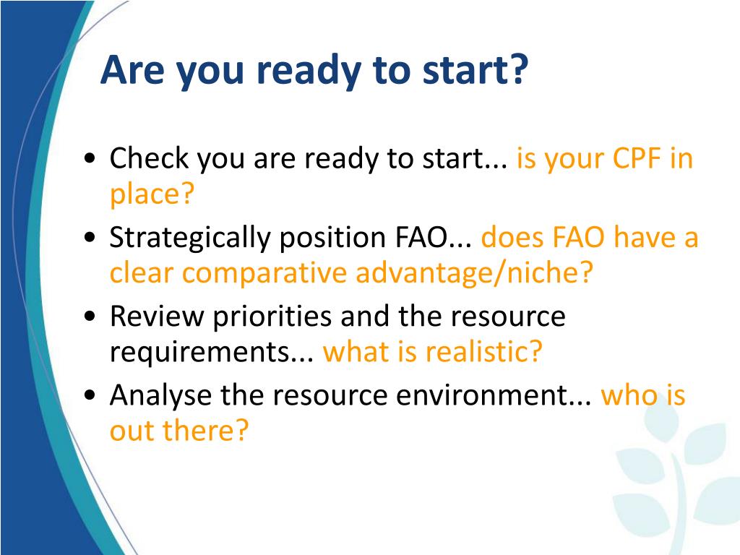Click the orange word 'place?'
[x=152, y=194]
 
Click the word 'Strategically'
[x=190, y=238]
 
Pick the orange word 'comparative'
[x=264, y=274]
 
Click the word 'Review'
[x=157, y=316]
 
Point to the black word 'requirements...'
[x=212, y=353]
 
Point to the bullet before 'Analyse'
[x=90, y=395]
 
